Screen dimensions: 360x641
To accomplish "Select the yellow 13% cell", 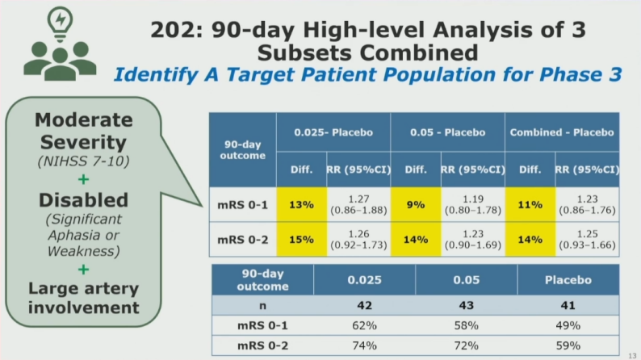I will (x=302, y=205).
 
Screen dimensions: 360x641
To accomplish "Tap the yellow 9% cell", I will (x=415, y=205).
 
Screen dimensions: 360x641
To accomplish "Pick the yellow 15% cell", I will (x=302, y=241).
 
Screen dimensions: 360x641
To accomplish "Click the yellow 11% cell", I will (x=530, y=205).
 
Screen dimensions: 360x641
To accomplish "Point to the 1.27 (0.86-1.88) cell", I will (x=358, y=205).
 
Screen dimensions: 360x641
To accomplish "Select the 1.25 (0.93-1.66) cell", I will (x=587, y=241).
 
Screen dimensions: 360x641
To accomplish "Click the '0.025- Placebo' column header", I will (x=333, y=132).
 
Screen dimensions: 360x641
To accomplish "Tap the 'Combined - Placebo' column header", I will (x=562, y=132).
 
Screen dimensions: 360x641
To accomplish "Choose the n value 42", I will (x=364, y=307).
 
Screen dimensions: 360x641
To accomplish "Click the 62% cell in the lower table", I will (x=364, y=325).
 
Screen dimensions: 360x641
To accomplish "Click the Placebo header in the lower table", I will (x=568, y=280).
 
